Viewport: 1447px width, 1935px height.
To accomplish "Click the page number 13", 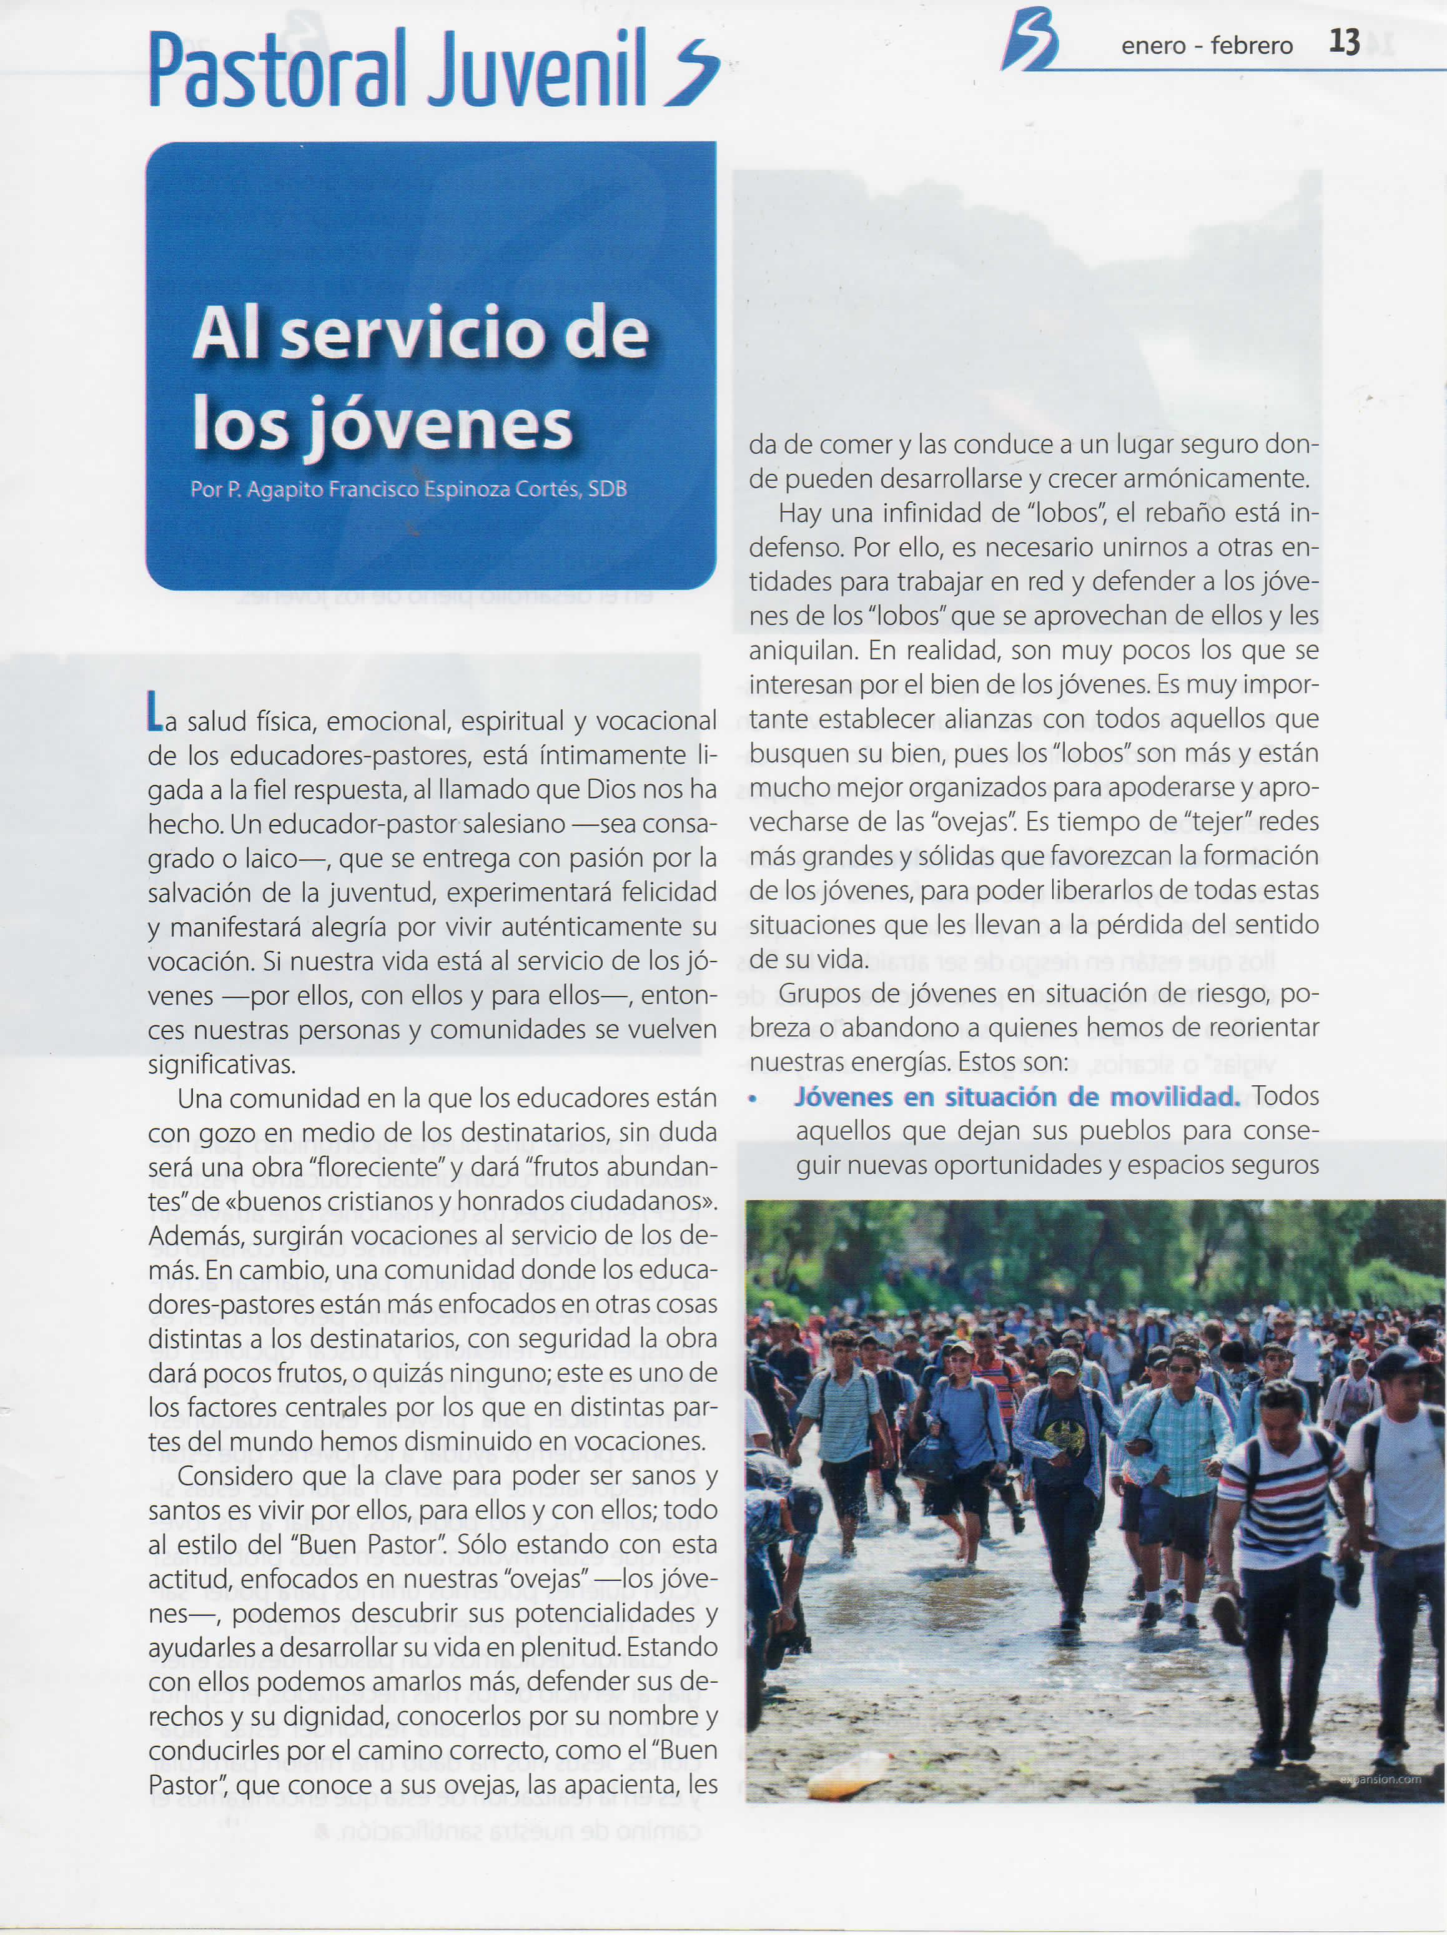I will coord(1344,43).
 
